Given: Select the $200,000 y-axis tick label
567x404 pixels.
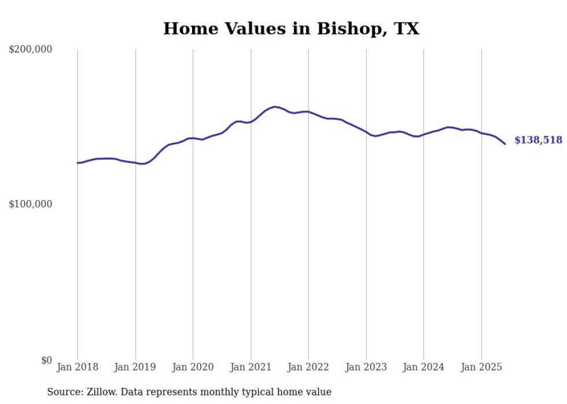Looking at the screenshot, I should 31,50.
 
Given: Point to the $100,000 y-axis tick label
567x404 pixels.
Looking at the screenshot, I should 31,205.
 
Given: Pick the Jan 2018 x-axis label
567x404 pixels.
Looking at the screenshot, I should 78,367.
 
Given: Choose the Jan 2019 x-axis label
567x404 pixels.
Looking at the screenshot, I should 135,367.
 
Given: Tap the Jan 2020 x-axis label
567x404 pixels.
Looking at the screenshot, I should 193,367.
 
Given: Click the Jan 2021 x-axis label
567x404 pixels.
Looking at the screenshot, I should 251,367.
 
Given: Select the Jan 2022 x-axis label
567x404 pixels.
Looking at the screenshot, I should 308,367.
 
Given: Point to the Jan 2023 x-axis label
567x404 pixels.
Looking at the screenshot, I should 366,367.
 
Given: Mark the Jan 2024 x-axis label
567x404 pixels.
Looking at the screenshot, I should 424,367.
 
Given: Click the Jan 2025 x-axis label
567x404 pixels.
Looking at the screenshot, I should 481,367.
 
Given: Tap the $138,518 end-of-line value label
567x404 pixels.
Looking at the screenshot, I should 538,140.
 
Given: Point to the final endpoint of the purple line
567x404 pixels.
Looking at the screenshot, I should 505,144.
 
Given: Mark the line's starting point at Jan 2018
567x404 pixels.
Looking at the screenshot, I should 78,163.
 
